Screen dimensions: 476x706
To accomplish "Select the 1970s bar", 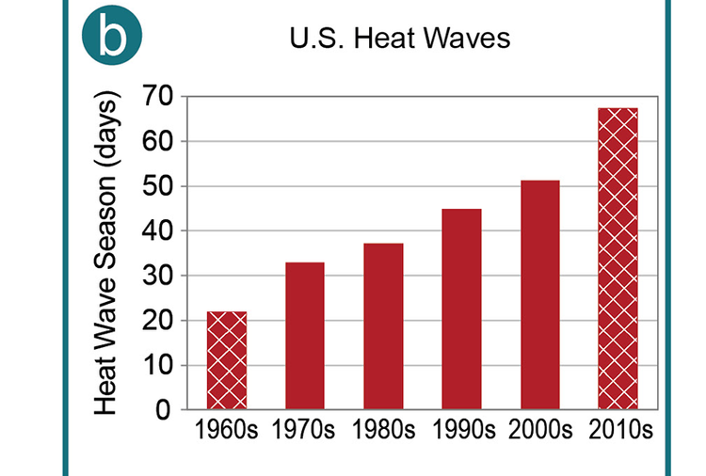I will tap(305, 336).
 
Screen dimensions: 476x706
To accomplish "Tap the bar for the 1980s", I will tap(383, 326).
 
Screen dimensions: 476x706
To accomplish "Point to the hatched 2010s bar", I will tap(618, 259).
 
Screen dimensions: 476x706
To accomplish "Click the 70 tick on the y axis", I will tap(159, 96).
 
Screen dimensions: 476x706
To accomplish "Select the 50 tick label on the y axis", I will tap(159, 186).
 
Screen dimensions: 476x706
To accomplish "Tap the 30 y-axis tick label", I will tap(159, 276).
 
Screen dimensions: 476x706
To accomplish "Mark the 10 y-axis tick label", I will tap(159, 365).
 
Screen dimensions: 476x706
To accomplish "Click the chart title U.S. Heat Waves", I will tap(400, 40).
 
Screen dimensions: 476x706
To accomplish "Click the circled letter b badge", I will tap(111, 35).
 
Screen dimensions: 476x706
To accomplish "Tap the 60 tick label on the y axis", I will tap(159, 141).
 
